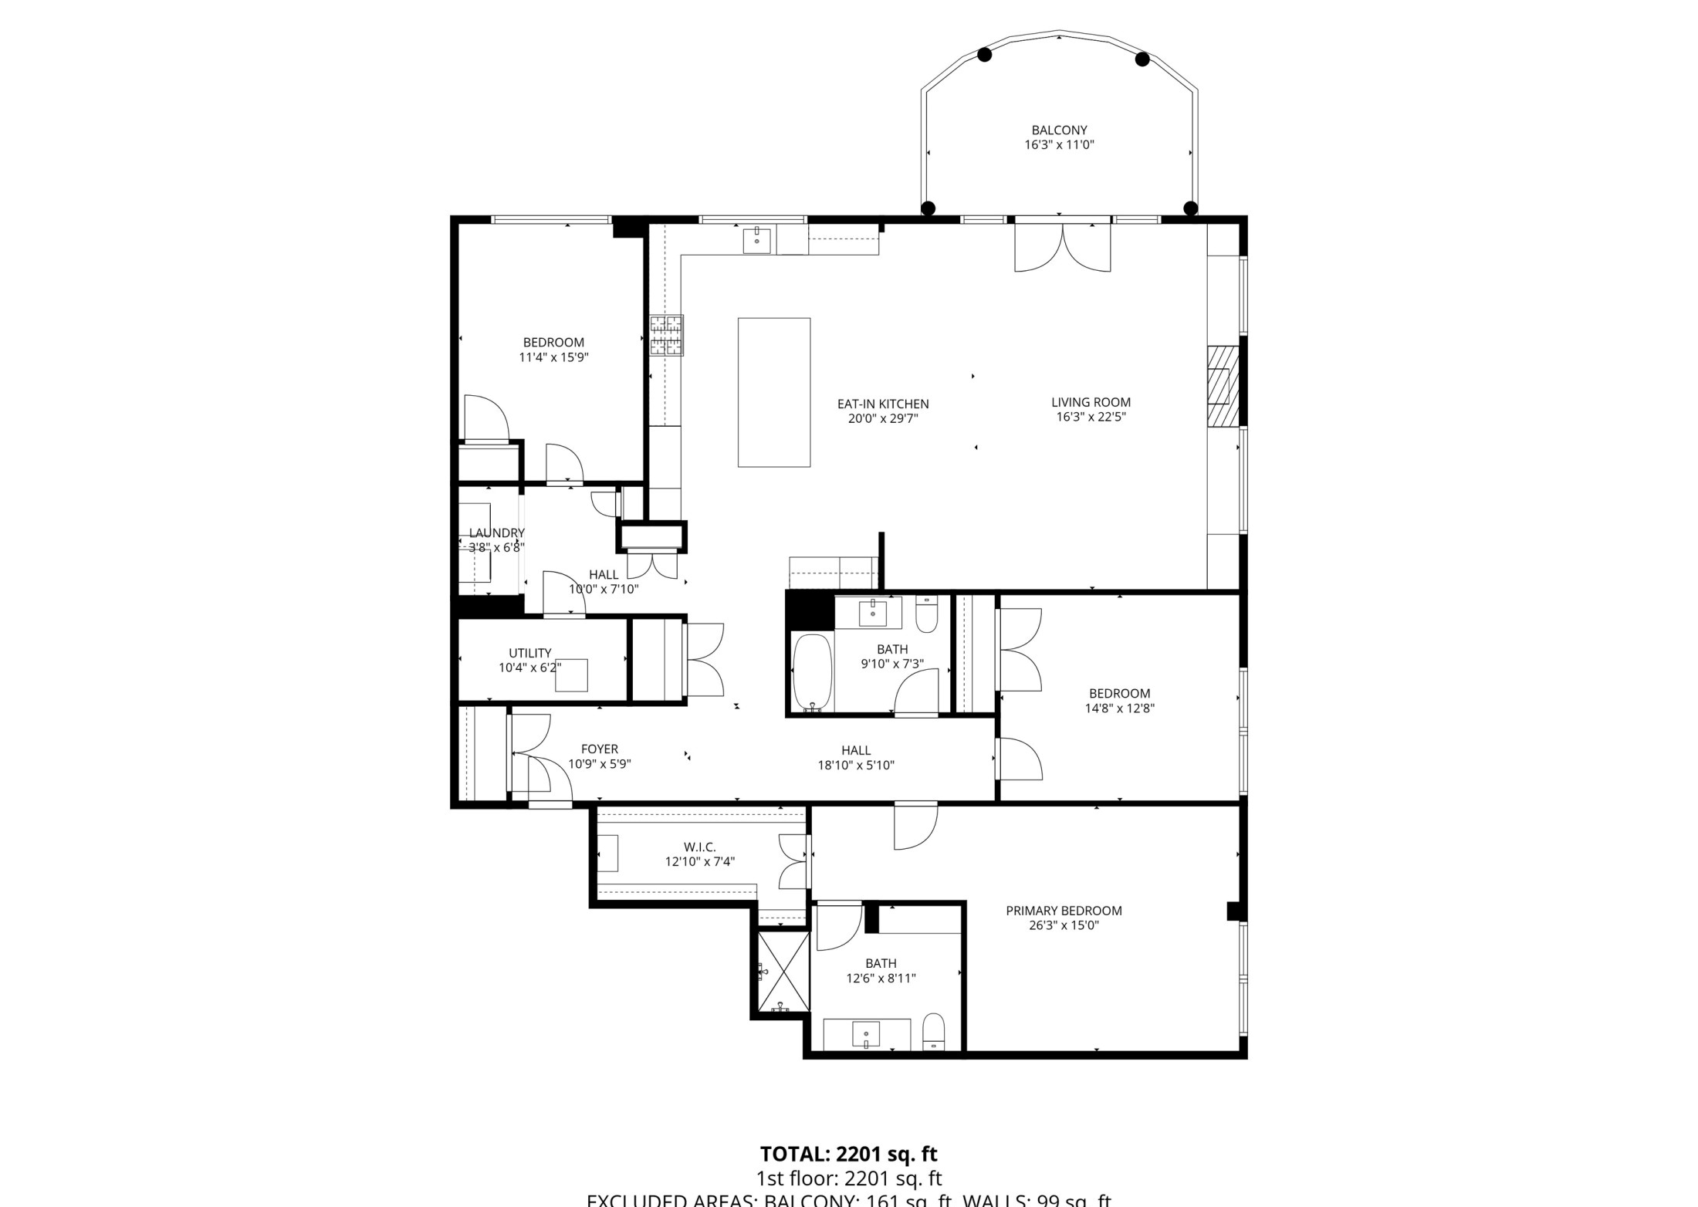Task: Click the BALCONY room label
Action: [x=1059, y=130]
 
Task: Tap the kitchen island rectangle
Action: [x=773, y=392]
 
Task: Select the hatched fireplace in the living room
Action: [x=1223, y=385]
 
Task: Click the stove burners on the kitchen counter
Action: [x=666, y=335]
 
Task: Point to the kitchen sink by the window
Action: [x=756, y=240]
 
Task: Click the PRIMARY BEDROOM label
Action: [x=1064, y=911]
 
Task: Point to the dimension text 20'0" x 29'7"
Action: [x=883, y=419]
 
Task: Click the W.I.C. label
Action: [x=699, y=847]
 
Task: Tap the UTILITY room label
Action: [x=529, y=653]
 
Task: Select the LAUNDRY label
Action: [x=496, y=532]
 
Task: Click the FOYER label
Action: [x=599, y=749]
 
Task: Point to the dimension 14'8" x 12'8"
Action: [x=1119, y=708]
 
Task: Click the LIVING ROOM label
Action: [x=1091, y=402]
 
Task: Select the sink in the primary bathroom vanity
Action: [x=866, y=1034]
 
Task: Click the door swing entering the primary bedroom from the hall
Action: [x=915, y=826]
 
